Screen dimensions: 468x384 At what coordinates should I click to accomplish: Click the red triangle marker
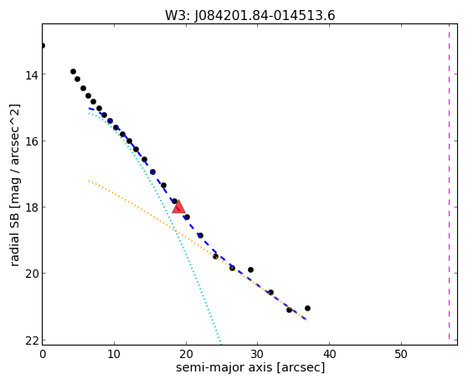(x=179, y=207)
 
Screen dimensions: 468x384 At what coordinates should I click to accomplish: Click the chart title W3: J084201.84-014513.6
(x=250, y=16)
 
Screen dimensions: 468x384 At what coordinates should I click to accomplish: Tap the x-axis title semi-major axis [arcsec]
(x=250, y=367)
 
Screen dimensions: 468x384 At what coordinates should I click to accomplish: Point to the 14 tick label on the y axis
(x=31, y=75)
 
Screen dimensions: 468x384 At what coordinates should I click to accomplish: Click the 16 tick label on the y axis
(x=31, y=141)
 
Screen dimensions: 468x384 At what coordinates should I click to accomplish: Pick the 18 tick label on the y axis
(x=31, y=207)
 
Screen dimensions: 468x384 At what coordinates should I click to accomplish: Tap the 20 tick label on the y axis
(x=31, y=274)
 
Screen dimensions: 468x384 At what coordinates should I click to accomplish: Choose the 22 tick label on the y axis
(x=31, y=340)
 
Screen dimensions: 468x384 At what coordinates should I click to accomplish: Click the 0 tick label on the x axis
(x=43, y=354)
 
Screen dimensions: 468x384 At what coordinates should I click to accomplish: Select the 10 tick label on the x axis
(x=114, y=354)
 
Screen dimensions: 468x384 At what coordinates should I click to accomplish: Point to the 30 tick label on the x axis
(x=257, y=354)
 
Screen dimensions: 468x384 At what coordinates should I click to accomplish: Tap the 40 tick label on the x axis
(x=329, y=354)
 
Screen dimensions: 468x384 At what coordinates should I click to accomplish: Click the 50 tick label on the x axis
(x=401, y=354)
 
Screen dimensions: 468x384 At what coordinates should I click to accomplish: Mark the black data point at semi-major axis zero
(x=43, y=46)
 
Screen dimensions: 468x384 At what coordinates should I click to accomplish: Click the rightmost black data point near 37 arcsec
(x=308, y=308)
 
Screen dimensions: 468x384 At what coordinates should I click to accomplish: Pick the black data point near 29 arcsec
(x=250, y=269)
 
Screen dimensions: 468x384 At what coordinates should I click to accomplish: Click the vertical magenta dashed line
(x=450, y=184)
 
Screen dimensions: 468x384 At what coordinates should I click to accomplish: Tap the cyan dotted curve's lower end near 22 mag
(x=221, y=345)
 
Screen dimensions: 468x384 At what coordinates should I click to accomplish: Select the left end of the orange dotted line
(x=89, y=181)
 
